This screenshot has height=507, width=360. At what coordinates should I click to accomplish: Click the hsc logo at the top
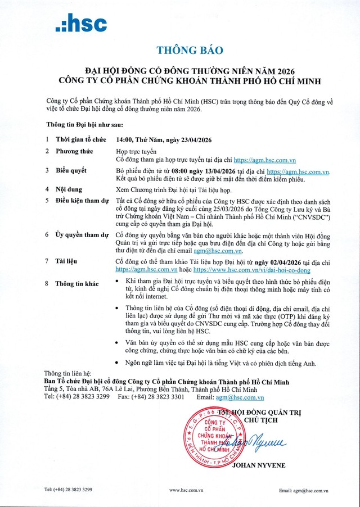click(81, 23)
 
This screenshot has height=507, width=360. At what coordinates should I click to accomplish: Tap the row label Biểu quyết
click(71, 169)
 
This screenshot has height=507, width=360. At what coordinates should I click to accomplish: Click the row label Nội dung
click(69, 189)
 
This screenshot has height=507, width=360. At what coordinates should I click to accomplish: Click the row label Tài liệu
click(67, 261)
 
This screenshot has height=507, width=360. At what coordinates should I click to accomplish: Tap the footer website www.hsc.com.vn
click(180, 490)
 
